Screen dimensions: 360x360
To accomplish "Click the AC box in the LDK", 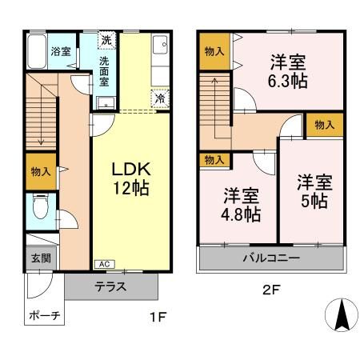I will tap(104, 264).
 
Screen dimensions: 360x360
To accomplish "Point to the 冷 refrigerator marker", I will tap(160, 98).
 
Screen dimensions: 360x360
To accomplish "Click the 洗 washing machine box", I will tap(106, 40).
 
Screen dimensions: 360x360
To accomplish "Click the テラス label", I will tap(113, 286).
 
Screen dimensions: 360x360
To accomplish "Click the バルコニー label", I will tap(271, 258).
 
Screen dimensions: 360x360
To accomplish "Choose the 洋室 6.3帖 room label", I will tap(286, 70).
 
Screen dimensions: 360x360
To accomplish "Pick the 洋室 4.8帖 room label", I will tap(240, 204).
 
